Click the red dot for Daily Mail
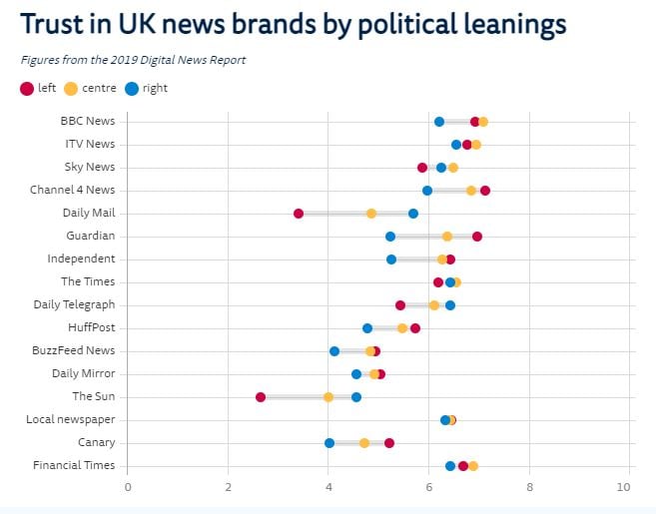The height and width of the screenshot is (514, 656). [299, 214]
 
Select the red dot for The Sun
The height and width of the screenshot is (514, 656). [261, 397]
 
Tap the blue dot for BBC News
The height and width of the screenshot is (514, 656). [439, 122]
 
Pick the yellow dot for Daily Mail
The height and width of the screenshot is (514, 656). [371, 214]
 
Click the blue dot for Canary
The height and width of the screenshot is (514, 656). [329, 443]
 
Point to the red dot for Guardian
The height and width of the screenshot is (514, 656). [477, 237]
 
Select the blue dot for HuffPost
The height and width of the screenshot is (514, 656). [367, 328]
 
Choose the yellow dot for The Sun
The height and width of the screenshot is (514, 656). [328, 397]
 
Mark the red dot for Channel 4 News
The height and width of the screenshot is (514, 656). [485, 191]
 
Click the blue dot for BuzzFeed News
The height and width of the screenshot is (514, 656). [334, 351]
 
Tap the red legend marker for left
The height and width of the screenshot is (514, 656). [27, 89]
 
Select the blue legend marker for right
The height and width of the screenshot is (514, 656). [131, 89]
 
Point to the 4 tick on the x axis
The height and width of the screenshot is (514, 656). [329, 487]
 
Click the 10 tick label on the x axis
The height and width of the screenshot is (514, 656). [624, 487]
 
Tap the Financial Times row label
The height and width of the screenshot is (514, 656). [74, 466]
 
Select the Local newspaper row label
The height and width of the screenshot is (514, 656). [71, 420]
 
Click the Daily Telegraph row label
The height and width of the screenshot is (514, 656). [74, 305]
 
